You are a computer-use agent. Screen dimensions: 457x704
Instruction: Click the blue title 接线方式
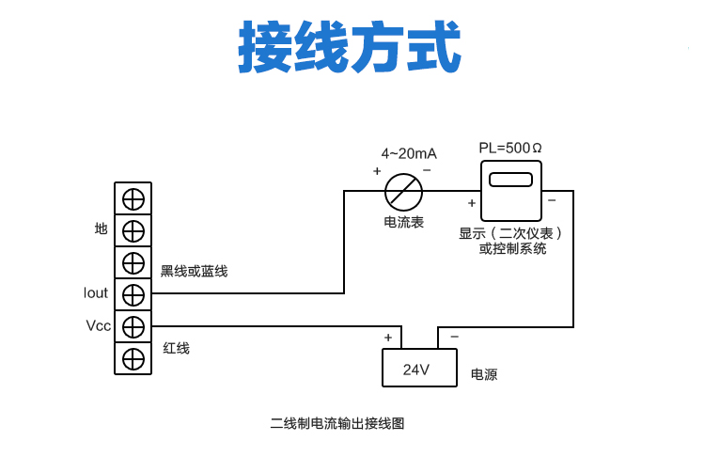tap(351, 47)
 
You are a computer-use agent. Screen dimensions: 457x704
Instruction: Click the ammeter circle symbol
tap(404, 192)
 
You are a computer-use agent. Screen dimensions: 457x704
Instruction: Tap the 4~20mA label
tap(408, 153)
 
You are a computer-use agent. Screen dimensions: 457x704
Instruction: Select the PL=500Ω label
tap(510, 149)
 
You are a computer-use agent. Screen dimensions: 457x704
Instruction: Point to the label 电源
tap(484, 374)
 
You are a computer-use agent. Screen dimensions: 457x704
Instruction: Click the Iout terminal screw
tap(133, 294)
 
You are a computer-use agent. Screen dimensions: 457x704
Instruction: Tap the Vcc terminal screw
tap(133, 326)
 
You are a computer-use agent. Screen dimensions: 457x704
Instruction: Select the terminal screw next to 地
tap(133, 230)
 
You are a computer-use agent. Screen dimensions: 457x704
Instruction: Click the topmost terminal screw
tap(133, 198)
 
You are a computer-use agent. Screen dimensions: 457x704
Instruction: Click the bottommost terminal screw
tap(133, 358)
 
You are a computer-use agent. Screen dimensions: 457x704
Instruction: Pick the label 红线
tap(177, 348)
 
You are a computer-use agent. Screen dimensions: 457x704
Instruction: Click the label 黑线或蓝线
tap(194, 271)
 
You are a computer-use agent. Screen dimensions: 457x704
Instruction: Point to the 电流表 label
tap(404, 223)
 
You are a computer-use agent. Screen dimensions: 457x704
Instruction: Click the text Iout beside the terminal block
tap(96, 293)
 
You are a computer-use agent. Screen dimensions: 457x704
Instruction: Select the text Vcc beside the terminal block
tap(98, 326)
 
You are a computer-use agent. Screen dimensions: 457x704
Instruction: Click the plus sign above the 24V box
tap(387, 337)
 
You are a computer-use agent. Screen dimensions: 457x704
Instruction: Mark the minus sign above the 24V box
tap(454, 337)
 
